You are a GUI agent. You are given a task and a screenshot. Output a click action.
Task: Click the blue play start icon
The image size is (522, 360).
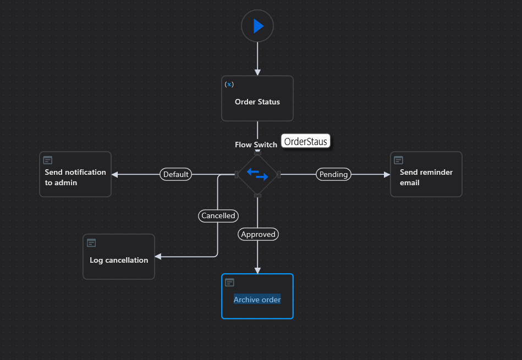[x=258, y=26]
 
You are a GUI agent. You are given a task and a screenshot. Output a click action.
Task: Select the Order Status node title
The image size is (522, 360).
[x=257, y=102]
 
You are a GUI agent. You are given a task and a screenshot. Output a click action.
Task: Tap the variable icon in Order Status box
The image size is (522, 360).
[x=229, y=84]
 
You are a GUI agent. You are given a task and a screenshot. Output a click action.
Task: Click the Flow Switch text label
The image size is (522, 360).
[x=256, y=145]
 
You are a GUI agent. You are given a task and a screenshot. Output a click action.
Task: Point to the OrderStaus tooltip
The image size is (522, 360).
[x=306, y=141]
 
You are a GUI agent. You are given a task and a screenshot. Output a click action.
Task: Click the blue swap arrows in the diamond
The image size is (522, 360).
[x=257, y=174]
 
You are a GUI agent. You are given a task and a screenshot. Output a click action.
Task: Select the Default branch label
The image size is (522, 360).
[x=176, y=174]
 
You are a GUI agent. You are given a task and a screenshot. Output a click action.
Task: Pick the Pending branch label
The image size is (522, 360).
[x=334, y=174]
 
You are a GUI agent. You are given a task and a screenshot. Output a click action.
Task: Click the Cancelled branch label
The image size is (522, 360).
[x=218, y=215]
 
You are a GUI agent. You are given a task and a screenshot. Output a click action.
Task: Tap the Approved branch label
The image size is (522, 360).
[x=258, y=234]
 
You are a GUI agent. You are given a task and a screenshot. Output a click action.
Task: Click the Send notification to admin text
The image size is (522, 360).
[x=75, y=177]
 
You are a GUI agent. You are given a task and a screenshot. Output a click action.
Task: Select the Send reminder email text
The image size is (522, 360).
[x=426, y=177]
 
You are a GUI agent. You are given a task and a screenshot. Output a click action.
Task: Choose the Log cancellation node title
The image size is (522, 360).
[x=119, y=260]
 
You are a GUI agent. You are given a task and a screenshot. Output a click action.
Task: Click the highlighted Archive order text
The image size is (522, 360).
[x=257, y=300]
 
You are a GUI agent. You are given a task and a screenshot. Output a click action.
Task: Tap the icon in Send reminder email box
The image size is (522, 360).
[x=399, y=160]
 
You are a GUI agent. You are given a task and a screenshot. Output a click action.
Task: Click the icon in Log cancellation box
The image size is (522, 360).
[x=91, y=242]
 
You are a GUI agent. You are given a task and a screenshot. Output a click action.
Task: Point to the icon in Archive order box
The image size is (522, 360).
[x=229, y=282]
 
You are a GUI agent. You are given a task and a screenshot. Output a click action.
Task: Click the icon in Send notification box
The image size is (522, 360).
[x=48, y=160]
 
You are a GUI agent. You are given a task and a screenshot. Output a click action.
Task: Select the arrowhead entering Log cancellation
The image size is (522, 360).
[x=158, y=257]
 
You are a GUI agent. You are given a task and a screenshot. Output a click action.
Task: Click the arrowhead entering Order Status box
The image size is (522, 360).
[x=257, y=72]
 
